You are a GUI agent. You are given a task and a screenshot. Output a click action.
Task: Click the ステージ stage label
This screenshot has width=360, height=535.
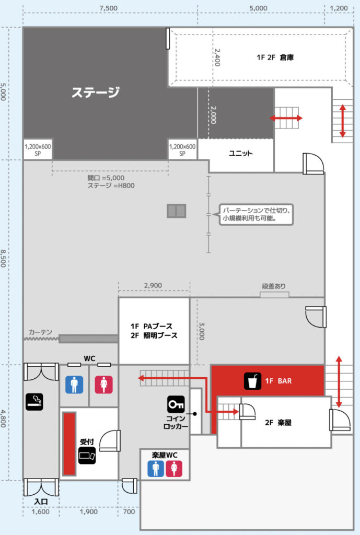pos(96,92)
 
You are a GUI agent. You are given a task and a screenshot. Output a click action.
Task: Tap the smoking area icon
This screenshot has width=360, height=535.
pos(34,402)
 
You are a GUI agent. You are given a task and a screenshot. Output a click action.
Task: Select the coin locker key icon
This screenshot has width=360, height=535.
pos(176,405)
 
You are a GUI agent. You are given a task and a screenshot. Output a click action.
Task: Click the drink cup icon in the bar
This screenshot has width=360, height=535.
pos(252,381)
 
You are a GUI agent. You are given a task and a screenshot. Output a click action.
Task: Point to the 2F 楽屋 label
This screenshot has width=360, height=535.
pos(278,422)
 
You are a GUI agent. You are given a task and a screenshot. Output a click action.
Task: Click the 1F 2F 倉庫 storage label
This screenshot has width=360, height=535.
pos(275,57)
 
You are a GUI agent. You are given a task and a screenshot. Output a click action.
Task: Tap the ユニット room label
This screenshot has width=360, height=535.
pos(240,153)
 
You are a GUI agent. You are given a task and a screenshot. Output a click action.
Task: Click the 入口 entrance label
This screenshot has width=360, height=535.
pos(41,502)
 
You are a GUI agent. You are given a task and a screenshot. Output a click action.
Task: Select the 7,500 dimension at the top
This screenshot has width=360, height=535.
pos(109,8)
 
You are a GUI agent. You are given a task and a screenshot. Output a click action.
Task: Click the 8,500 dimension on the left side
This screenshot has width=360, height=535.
pos(4,258)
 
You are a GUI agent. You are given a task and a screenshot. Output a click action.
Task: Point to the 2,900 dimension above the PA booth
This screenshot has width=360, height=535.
pos(153,286)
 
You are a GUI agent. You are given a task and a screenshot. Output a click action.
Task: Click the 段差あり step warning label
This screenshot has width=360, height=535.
pos(274,286)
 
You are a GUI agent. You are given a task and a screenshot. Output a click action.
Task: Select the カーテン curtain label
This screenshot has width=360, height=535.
pos(40,332)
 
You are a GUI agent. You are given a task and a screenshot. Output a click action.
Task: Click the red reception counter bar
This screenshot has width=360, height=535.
pos(69,444)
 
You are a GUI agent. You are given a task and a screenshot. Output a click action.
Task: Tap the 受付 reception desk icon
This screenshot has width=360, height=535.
pos(87,456)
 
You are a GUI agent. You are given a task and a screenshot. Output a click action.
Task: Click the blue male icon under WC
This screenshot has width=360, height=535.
pos(74,385)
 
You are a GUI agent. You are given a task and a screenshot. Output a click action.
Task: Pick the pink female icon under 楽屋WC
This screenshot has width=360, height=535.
pos(174,469)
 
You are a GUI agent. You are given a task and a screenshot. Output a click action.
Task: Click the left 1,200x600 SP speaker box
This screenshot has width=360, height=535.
pos(38,150)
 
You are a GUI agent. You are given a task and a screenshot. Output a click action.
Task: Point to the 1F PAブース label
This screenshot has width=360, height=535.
pos(151,326)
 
